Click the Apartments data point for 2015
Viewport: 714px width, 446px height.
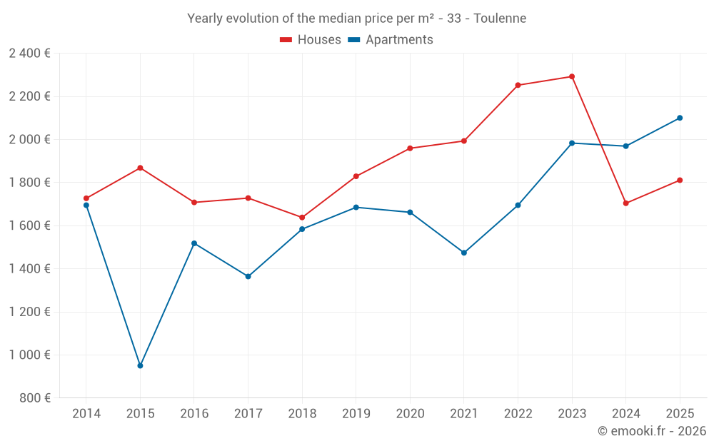tap(140, 365)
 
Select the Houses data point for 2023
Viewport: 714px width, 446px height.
tap(572, 76)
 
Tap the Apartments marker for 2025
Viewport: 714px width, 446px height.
tap(680, 118)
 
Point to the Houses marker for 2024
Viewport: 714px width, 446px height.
tap(625, 203)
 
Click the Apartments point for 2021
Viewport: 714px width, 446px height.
tap(464, 253)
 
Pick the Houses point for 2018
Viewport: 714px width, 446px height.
tap(302, 217)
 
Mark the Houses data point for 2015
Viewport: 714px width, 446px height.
tap(140, 168)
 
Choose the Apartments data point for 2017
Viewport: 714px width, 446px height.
tap(248, 276)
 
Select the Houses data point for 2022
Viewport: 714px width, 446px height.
tap(518, 85)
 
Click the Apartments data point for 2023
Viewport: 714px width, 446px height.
tap(572, 143)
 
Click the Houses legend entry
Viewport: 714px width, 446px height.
tap(311, 40)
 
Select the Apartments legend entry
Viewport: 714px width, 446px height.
tap(391, 40)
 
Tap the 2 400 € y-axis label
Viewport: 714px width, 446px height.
tap(29, 54)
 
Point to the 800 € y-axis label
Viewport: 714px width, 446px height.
tap(34, 398)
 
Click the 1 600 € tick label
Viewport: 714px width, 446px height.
tap(29, 225)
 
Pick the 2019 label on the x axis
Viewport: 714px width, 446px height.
tap(356, 414)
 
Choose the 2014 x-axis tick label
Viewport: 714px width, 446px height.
tap(86, 414)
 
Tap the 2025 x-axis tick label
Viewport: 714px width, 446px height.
tap(680, 414)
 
